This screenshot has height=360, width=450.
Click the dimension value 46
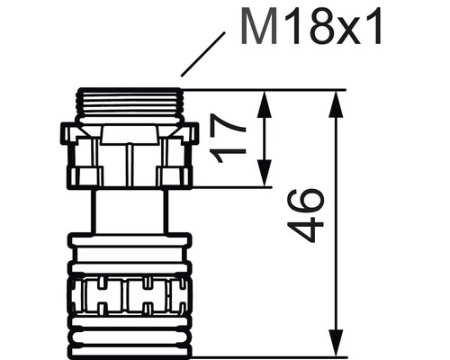tap(305, 214)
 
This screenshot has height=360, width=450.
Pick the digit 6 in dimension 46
tap(305, 201)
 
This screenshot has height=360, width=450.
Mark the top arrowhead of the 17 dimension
tap(265, 98)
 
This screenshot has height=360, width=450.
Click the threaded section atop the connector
tap(130, 105)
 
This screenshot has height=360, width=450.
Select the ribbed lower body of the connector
tap(130, 292)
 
